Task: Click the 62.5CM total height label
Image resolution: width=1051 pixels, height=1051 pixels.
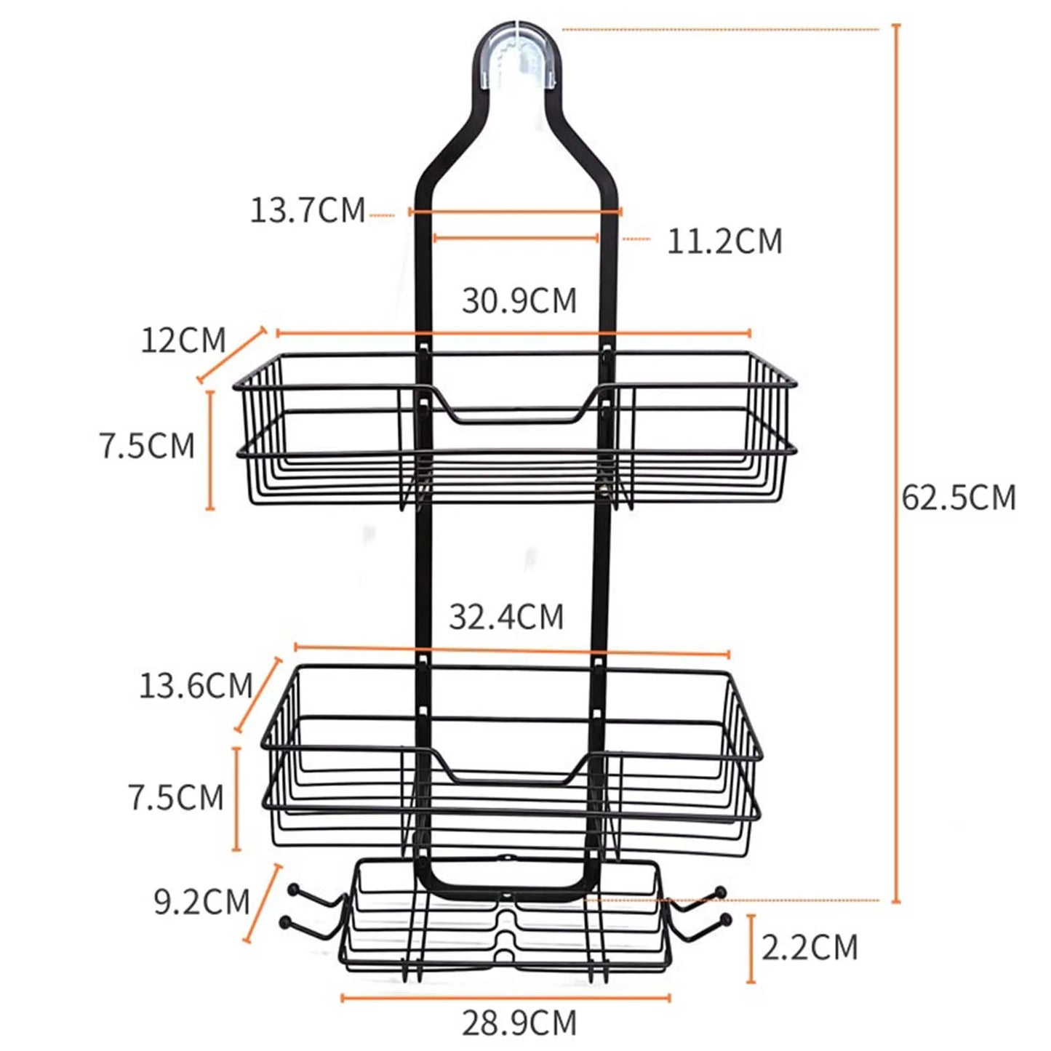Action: (x=958, y=498)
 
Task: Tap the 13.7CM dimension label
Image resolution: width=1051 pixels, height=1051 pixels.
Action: (x=308, y=210)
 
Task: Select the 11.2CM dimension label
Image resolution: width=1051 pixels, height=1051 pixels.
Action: (x=724, y=241)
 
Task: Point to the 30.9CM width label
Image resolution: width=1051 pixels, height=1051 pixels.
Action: (x=519, y=300)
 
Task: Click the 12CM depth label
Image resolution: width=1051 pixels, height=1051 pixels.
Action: (x=183, y=340)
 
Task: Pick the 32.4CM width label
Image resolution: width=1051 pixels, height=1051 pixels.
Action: (x=506, y=617)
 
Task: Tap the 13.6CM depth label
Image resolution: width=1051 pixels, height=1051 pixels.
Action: (x=196, y=686)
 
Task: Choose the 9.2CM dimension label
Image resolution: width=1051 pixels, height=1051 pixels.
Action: (x=202, y=902)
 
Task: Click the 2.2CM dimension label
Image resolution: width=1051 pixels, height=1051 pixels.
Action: (x=810, y=948)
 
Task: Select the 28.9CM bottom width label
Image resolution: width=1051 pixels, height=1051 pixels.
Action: (x=519, y=1023)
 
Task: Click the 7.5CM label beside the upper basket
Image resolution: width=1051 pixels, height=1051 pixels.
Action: (x=148, y=446)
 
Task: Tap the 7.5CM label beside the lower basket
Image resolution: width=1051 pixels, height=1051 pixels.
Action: (x=176, y=798)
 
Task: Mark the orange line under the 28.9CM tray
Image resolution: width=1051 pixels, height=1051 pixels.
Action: (x=505, y=997)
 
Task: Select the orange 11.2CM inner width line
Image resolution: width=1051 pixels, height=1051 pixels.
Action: (x=516, y=238)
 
